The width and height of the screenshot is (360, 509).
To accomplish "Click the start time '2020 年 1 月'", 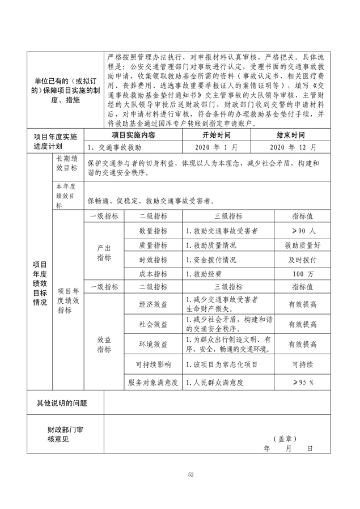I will (216, 147).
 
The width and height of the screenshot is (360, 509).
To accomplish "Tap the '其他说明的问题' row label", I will (62, 404).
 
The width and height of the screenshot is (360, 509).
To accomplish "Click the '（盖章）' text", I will (284, 439).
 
